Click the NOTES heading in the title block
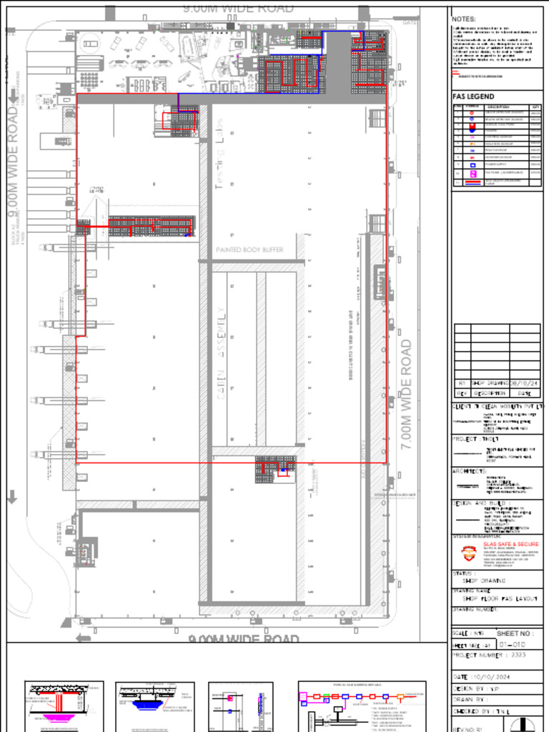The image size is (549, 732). pyautogui.click(x=464, y=19)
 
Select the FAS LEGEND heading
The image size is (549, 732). pyautogui.click(x=473, y=97)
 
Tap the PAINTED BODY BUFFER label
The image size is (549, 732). pyautogui.click(x=249, y=250)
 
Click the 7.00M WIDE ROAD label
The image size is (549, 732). pyautogui.click(x=406, y=394)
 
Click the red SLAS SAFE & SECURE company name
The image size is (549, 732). pyautogui.click(x=511, y=544)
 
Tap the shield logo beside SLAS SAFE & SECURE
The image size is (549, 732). pyautogui.click(x=468, y=553)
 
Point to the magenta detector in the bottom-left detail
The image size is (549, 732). pyautogui.click(x=54, y=718)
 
